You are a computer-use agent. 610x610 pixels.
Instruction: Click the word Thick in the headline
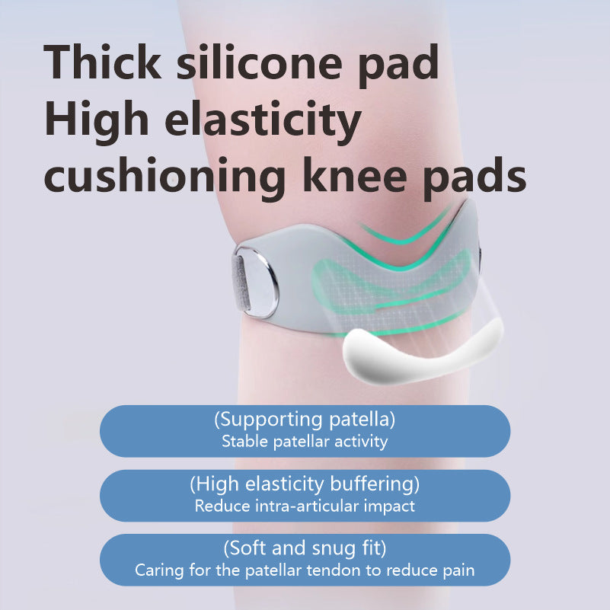(102, 63)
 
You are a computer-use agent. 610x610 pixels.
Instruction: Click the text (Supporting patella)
(305, 419)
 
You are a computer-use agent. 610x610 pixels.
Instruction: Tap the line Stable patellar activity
(305, 441)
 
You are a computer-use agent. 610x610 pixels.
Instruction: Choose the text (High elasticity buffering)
(305, 483)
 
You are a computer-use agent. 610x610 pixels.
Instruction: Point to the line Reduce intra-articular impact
(305, 505)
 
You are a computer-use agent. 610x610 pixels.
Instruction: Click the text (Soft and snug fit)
(305, 547)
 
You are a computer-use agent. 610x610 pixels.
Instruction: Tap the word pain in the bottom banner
(458, 570)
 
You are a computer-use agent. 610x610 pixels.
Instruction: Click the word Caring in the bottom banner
(156, 570)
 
